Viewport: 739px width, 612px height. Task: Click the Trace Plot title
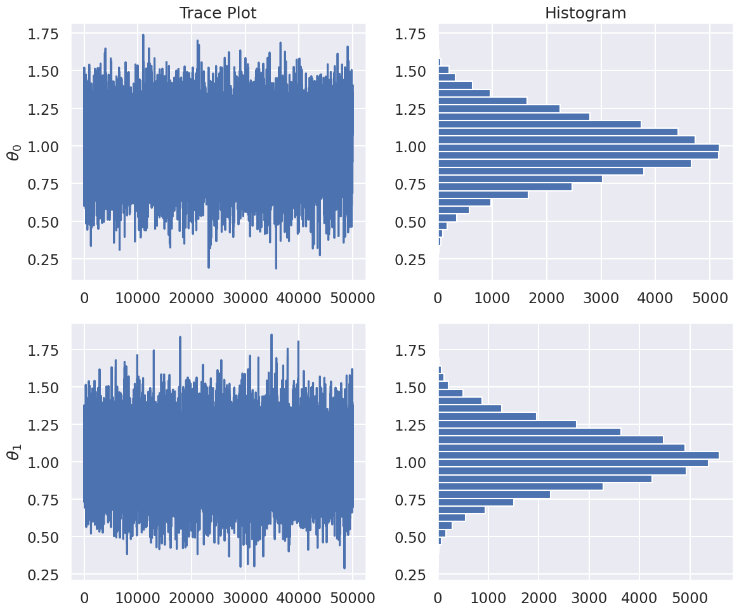click(x=218, y=13)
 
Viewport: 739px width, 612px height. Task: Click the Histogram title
click(x=585, y=13)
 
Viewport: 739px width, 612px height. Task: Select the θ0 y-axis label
click(x=14, y=152)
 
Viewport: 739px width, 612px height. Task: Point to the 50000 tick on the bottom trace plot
click(x=353, y=597)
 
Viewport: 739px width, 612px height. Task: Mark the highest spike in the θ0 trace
click(x=143, y=36)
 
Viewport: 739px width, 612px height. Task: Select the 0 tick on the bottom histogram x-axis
click(x=438, y=597)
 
